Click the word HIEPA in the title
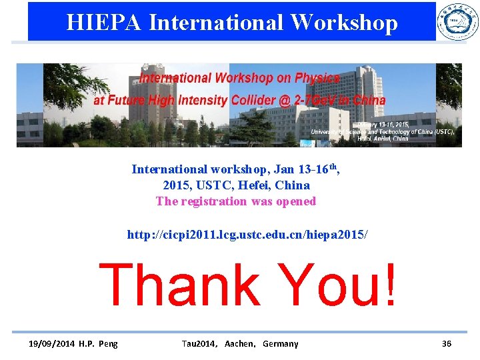pos(103,23)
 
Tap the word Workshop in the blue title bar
pos(344,23)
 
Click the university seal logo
pos(457,21)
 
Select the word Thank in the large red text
pos(179,285)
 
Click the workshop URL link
pos(247,235)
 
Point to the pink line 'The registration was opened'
pos(235,201)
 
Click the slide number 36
pos(446,343)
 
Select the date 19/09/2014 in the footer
pos(51,343)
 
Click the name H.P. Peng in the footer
pos(98,343)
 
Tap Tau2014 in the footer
pos(198,343)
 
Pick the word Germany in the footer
pos(281,343)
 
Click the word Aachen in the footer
pos(239,343)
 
